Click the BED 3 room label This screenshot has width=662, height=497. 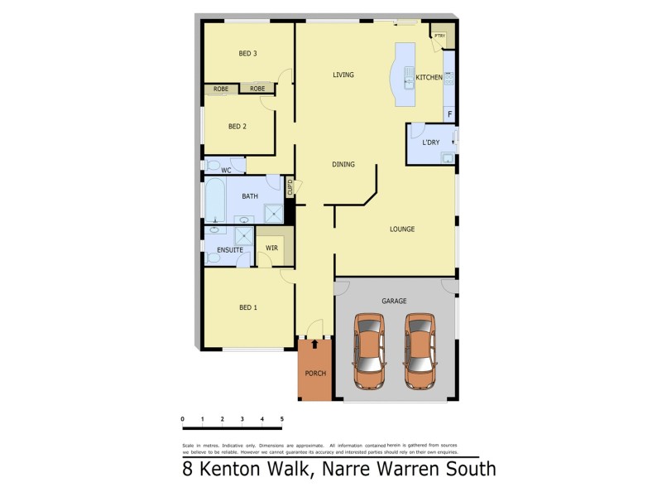247,54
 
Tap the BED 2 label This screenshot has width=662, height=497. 237,127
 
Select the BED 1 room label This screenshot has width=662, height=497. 247,308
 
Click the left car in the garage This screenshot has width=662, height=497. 369,351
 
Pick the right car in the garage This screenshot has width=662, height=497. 420,351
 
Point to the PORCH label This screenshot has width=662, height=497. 315,374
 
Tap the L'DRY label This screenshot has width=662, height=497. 431,142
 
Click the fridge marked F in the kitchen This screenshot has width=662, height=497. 449,114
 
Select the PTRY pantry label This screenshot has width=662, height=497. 439,36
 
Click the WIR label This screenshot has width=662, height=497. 271,248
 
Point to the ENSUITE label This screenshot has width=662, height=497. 229,250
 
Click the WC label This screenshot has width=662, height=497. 225,171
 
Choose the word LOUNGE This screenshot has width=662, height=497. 402,229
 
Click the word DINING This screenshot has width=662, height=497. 343,165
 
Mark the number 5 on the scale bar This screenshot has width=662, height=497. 282,419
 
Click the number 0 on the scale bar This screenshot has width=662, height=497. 182,419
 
